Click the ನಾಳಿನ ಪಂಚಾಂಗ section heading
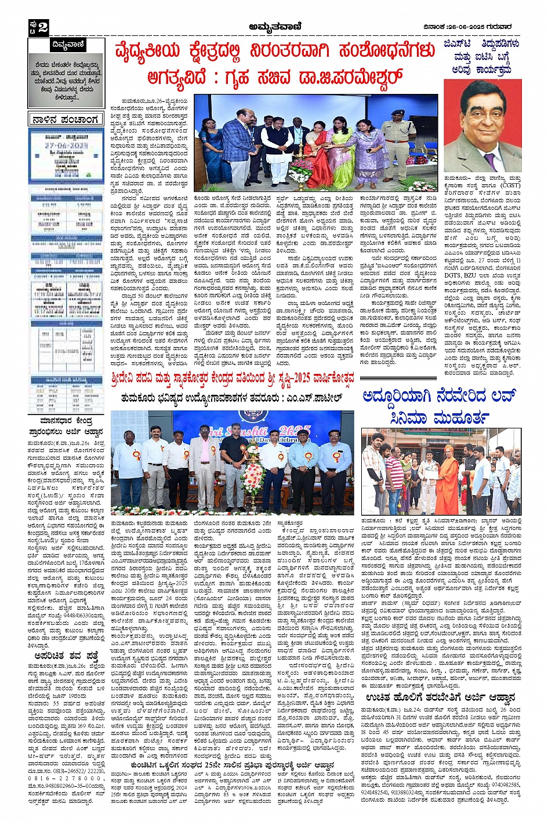point(66,120)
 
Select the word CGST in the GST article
point(510,186)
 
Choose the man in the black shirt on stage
point(234,464)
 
